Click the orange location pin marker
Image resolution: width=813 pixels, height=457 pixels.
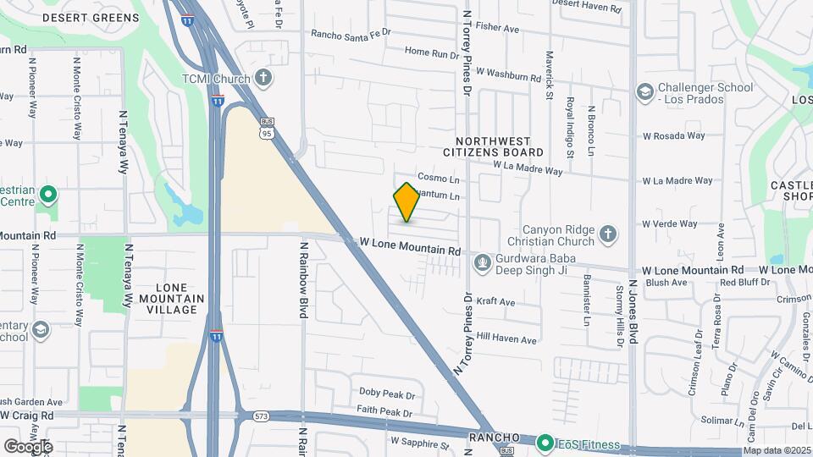(406, 203)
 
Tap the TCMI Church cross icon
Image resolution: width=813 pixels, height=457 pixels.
(263, 79)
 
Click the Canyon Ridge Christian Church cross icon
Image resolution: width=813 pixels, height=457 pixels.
(606, 233)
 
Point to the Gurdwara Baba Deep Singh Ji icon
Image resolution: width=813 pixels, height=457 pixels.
(482, 263)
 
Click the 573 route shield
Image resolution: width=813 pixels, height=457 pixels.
(260, 416)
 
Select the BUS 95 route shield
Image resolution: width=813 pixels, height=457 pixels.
(267, 128)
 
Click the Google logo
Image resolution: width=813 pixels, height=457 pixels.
(27, 446)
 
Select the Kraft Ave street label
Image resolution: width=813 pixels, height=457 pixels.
(495, 302)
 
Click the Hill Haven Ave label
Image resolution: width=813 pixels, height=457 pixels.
(506, 339)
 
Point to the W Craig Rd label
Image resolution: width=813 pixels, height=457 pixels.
(27, 416)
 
